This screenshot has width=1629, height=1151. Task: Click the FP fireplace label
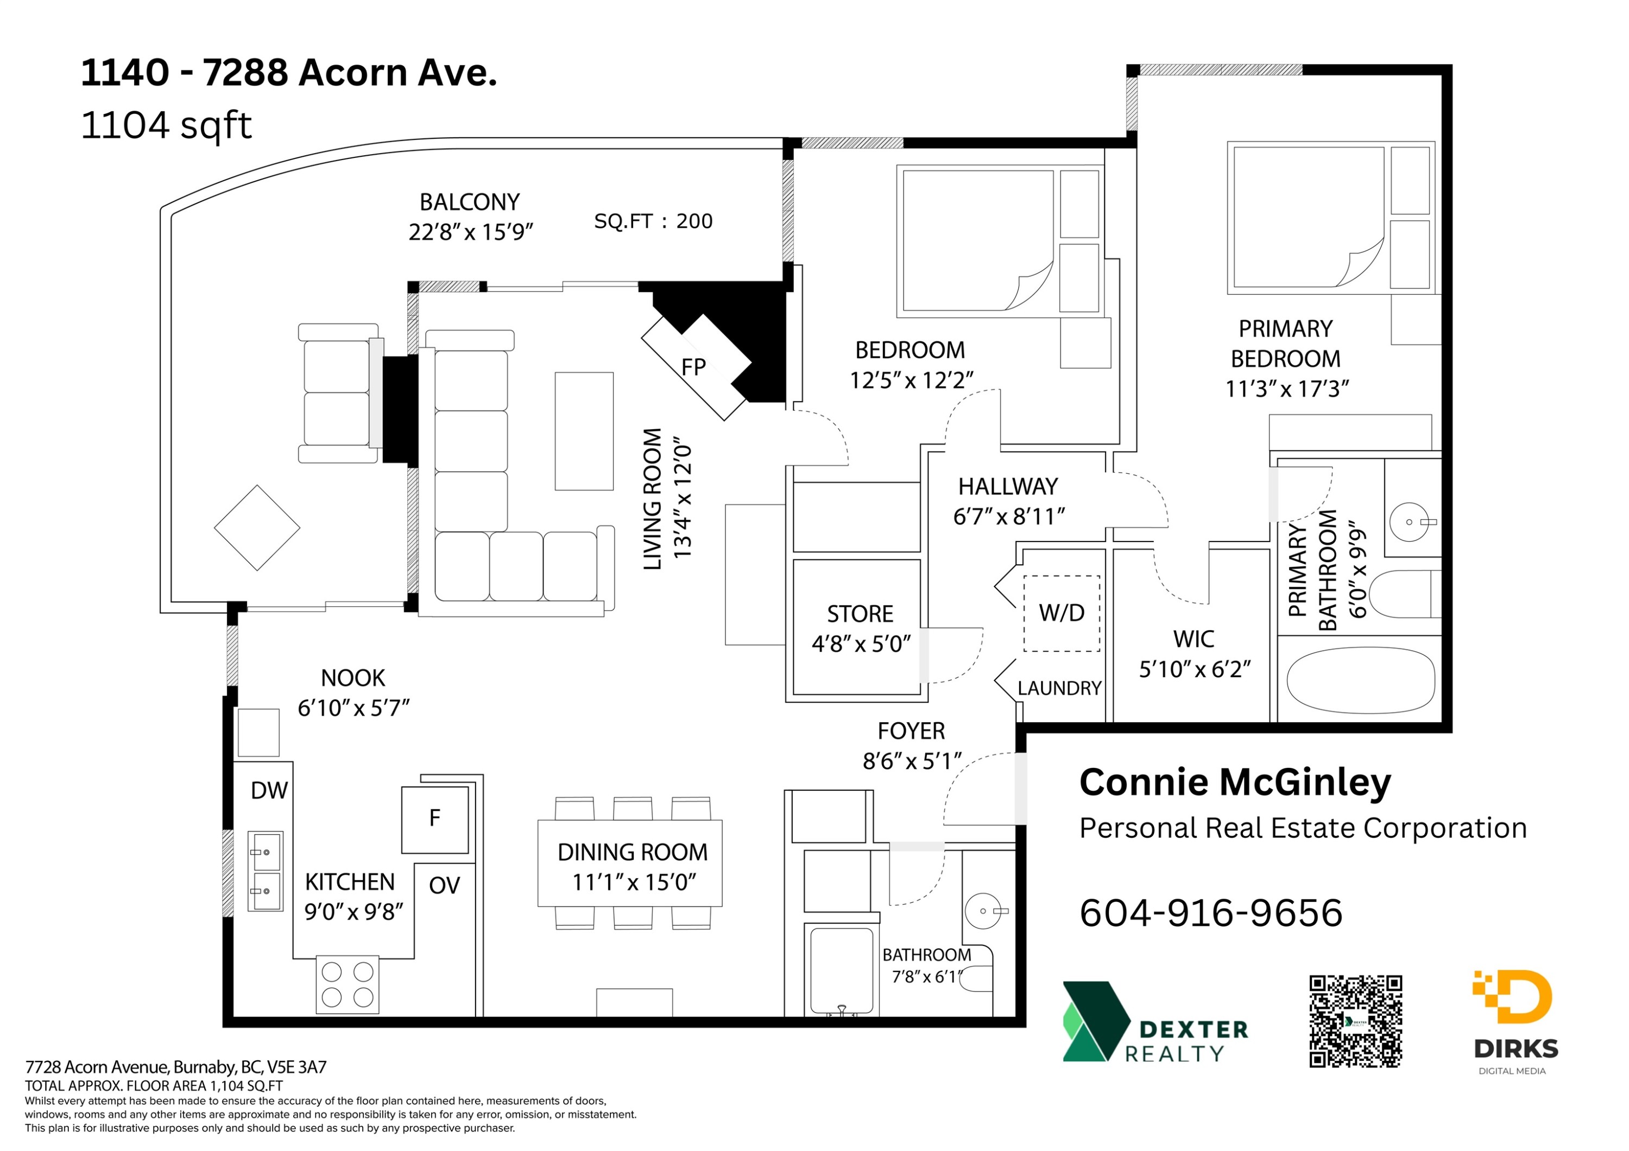point(693,367)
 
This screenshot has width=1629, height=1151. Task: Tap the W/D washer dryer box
point(1062,613)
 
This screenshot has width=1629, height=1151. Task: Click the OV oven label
point(444,885)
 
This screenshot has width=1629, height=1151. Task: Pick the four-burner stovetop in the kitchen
point(348,985)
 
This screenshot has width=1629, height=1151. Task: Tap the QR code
point(1355,1021)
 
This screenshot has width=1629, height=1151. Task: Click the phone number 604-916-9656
point(1210,913)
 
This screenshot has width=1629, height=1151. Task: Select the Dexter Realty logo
point(1155,1021)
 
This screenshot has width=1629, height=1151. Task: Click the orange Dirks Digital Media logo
point(1516,1022)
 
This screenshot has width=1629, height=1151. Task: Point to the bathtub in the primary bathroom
point(1361,681)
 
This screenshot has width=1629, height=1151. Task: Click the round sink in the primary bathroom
point(1409,522)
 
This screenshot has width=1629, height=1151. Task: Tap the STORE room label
point(860,613)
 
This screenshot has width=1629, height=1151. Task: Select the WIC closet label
point(1194,639)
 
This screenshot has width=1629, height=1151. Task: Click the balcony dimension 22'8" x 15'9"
point(470,232)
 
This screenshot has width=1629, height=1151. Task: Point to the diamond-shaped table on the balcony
point(257,527)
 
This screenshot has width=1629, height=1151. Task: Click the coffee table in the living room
point(584,431)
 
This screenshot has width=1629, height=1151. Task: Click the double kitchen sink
point(266,871)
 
